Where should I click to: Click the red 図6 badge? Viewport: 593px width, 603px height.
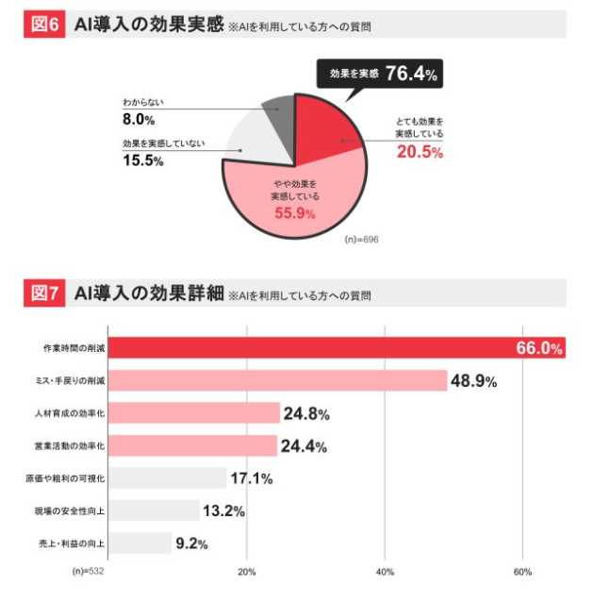(x=45, y=25)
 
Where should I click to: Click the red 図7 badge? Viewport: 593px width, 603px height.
(x=45, y=293)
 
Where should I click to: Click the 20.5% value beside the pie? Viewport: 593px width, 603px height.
(x=419, y=153)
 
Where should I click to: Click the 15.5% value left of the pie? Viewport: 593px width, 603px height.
(x=143, y=161)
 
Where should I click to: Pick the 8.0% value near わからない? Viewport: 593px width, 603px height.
(x=139, y=119)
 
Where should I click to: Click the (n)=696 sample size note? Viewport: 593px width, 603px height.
(x=363, y=239)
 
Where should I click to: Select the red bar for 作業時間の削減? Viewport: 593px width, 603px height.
(x=311, y=347)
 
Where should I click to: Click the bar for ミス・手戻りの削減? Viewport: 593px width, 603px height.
(x=277, y=380)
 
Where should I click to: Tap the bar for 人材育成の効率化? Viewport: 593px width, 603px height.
(x=194, y=412)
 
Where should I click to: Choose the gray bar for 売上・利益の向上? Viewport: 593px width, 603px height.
(x=140, y=543)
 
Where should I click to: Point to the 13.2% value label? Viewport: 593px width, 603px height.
(x=223, y=511)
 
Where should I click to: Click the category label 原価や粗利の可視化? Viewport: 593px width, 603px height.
(x=65, y=478)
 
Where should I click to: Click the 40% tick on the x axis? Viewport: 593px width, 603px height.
(x=385, y=572)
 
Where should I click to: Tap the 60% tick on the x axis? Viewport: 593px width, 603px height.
(x=523, y=572)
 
